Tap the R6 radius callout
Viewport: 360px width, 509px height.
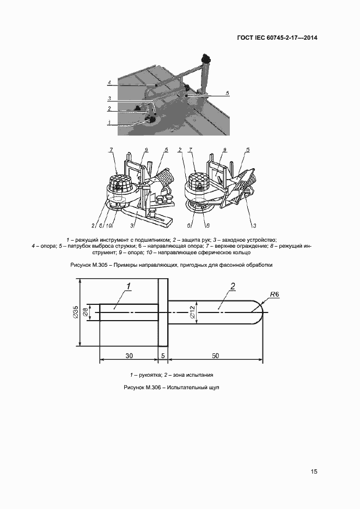coord(273,295)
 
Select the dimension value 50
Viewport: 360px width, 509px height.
coord(215,355)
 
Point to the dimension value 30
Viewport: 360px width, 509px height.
coord(129,355)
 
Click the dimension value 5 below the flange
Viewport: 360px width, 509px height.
coord(163,355)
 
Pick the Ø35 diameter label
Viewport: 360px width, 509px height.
coord(76,313)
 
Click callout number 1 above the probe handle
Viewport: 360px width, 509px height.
coord(129,286)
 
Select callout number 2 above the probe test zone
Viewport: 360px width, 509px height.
coord(233,286)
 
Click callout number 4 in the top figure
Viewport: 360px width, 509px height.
coord(109,83)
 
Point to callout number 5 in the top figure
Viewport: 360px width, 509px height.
coord(228,94)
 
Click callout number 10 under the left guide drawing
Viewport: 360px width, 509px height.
coord(109,224)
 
